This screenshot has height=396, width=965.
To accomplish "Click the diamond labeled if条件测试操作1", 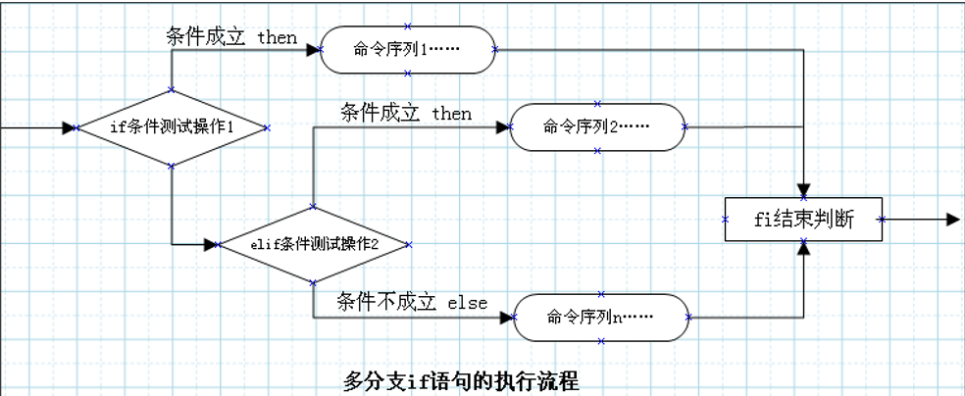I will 172,128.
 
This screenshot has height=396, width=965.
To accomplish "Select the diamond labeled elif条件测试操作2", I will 313,245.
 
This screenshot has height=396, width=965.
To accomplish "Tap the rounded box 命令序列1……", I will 407,48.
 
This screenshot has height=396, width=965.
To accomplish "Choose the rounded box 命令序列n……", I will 601,317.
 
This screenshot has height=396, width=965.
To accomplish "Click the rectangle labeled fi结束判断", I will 803,220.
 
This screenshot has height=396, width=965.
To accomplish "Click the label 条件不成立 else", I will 412,302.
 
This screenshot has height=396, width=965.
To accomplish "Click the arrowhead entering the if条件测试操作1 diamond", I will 69,128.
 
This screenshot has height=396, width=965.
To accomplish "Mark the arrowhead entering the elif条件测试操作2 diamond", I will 210,245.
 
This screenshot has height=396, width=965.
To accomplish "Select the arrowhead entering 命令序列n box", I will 508,317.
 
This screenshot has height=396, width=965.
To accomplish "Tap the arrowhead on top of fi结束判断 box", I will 804,190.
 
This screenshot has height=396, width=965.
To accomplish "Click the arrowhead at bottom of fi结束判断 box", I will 804,249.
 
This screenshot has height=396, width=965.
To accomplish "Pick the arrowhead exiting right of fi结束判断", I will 952,220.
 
